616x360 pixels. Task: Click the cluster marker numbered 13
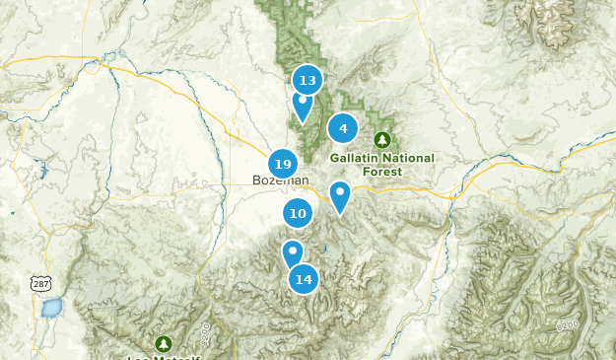(x=308, y=80)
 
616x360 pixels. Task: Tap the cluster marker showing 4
(x=343, y=128)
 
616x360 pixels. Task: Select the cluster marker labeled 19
(x=283, y=164)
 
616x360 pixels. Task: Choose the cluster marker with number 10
(x=298, y=213)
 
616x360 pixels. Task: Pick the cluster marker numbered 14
(x=304, y=279)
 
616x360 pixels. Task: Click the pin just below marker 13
(x=302, y=104)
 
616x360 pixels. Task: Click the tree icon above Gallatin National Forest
(x=382, y=139)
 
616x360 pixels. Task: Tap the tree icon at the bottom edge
(x=163, y=343)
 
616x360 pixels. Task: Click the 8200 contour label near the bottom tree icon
(x=203, y=329)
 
